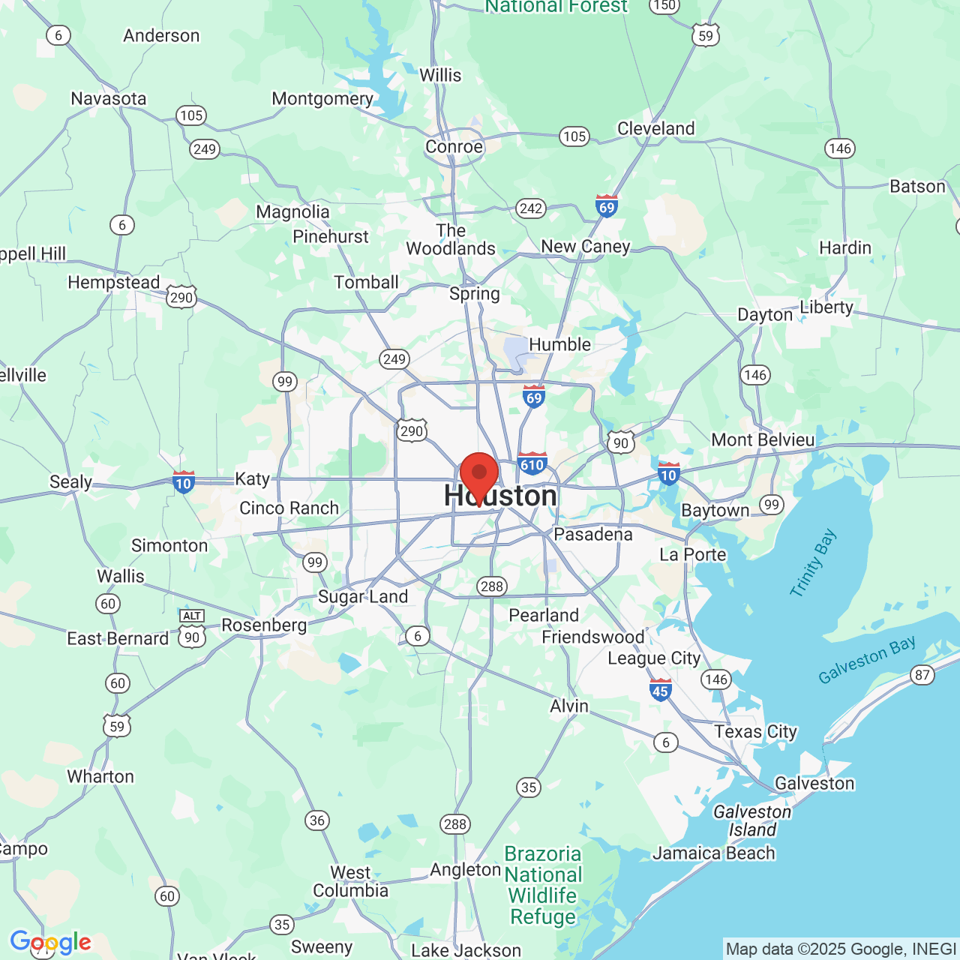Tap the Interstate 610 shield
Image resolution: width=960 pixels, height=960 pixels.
pyautogui.click(x=532, y=463)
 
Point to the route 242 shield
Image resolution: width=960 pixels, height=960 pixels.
pyautogui.click(x=531, y=208)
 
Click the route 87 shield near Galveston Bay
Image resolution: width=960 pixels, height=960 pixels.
pyautogui.click(x=922, y=675)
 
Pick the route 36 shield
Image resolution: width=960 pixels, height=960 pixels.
pyautogui.click(x=317, y=820)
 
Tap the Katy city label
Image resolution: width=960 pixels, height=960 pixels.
pyautogui.click(x=252, y=478)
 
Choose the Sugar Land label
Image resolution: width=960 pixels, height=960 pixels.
pyautogui.click(x=363, y=596)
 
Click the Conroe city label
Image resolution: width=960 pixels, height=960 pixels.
pyautogui.click(x=454, y=146)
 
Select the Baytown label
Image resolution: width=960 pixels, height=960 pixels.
pyautogui.click(x=715, y=511)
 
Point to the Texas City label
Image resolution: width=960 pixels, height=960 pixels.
pyautogui.click(x=755, y=731)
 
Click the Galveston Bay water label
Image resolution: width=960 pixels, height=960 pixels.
pyautogui.click(x=867, y=660)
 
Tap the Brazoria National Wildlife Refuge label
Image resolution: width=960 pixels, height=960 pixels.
pyautogui.click(x=543, y=885)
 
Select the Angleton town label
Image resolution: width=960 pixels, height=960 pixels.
pyautogui.click(x=465, y=869)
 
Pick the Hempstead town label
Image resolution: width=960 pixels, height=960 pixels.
pyautogui.click(x=114, y=282)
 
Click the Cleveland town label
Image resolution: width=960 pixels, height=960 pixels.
pyautogui.click(x=656, y=128)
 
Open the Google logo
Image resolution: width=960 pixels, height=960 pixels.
pyautogui.click(x=51, y=942)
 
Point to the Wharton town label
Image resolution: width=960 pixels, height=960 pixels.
pyautogui.click(x=100, y=776)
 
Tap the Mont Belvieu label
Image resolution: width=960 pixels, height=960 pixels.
pyautogui.click(x=763, y=439)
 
